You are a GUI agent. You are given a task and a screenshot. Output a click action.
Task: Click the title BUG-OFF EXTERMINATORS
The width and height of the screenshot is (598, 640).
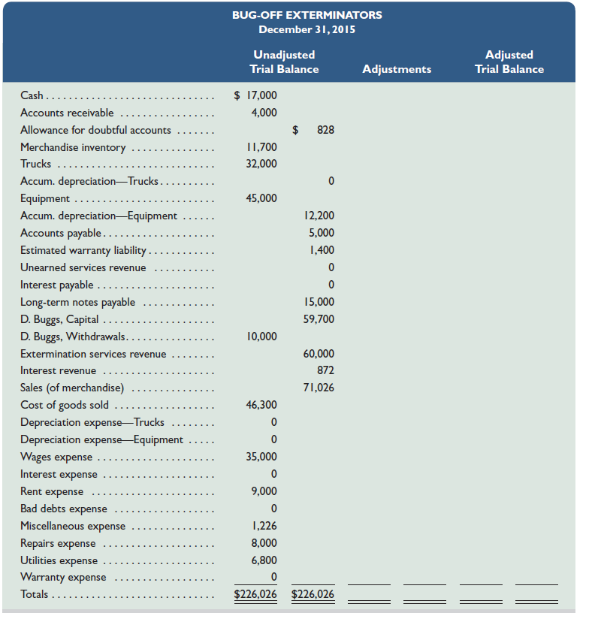click(307, 15)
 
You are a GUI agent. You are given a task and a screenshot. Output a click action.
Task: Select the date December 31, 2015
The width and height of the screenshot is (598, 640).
click(307, 30)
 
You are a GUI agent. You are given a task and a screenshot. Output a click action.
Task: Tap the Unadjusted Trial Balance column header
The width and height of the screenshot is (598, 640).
click(284, 62)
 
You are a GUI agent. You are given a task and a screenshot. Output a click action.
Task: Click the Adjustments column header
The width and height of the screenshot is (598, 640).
click(397, 69)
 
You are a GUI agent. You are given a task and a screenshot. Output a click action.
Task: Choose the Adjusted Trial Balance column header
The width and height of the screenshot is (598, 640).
click(509, 62)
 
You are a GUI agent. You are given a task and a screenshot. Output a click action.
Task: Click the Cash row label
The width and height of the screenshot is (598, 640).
click(32, 95)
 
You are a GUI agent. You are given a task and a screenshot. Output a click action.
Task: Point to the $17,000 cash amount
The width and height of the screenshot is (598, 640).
click(255, 95)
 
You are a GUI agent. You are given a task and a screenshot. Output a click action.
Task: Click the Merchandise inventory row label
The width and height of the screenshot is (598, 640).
click(73, 147)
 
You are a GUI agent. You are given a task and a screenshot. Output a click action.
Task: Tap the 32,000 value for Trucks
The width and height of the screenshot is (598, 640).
click(261, 164)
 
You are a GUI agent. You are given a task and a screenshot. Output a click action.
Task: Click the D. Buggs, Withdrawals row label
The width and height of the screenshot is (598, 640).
click(73, 337)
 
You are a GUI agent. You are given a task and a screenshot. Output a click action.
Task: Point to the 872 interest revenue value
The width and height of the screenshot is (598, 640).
click(325, 370)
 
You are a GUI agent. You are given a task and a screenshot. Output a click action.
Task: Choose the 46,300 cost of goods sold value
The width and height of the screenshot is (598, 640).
click(261, 405)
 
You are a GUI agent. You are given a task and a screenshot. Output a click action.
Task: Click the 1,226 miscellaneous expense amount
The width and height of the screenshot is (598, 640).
click(264, 526)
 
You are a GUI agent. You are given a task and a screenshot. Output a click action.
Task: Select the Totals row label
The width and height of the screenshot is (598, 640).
click(34, 594)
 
